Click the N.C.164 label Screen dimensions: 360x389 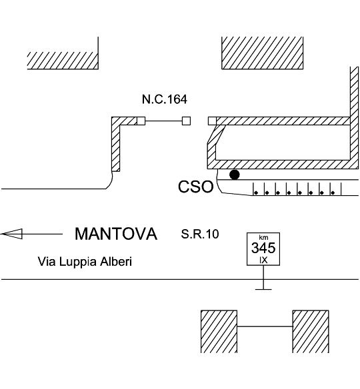click(165, 99)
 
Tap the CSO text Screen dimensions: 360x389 click(195, 187)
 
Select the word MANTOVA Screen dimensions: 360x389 click(116, 234)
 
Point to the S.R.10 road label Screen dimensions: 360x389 click(200, 234)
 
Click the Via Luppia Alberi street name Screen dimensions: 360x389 click(85, 262)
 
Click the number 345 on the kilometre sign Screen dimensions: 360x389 click(263, 248)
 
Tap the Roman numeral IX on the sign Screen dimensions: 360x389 click(263, 260)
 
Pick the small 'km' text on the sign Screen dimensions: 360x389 click(263, 237)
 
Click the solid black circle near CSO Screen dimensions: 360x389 click(235, 175)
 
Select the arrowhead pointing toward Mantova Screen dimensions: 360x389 click(12, 234)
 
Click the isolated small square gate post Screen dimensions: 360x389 click(186, 121)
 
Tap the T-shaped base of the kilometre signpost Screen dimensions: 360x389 click(263, 289)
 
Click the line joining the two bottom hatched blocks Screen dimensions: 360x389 click(265, 326)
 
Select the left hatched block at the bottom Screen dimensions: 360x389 click(219, 332)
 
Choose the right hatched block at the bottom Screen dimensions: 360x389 click(311, 332)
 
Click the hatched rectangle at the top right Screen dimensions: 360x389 click(262, 53)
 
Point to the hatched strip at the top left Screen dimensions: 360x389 click(63, 61)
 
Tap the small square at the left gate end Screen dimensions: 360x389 click(141, 121)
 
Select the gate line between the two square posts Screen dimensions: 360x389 click(163, 121)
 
